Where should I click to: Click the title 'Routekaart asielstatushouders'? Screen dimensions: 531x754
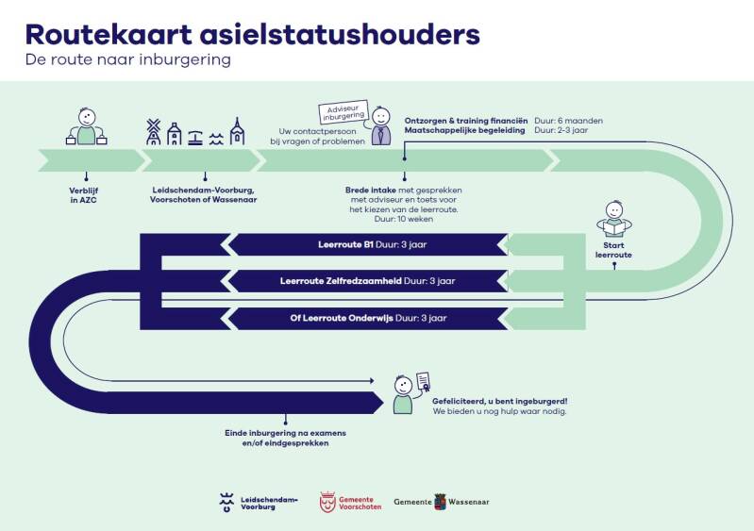click(252, 34)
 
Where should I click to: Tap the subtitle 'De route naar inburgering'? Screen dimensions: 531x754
click(128, 59)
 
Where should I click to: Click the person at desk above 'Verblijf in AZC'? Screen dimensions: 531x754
click(86, 126)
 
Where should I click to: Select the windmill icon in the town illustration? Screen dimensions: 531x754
click(154, 132)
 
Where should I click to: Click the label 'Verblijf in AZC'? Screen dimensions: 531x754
click(86, 193)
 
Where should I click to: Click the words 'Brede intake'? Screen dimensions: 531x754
click(371, 190)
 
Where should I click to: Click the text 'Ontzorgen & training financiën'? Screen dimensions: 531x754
click(466, 121)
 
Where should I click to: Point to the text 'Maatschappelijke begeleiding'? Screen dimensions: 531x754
click(464, 131)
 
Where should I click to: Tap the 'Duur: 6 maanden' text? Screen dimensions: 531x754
click(568, 121)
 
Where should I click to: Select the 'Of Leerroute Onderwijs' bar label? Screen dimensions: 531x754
click(342, 318)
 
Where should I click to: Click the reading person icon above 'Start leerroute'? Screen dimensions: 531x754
click(613, 223)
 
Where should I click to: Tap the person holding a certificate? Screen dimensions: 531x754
click(406, 393)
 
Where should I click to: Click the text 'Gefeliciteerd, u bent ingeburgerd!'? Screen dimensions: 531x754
click(499, 401)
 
